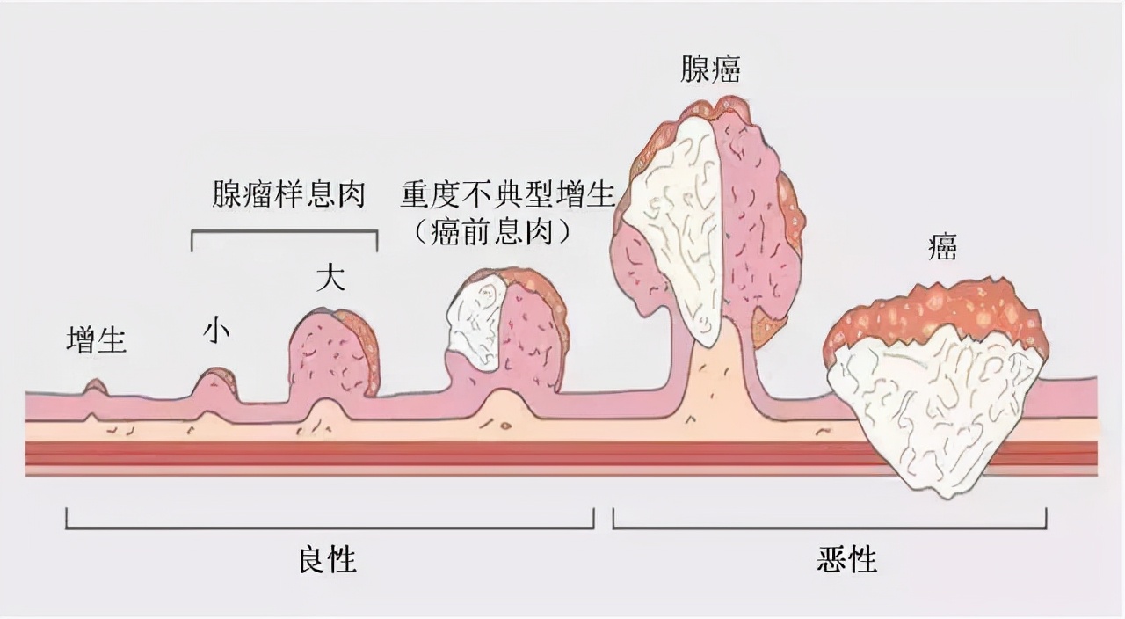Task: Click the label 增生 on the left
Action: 97,340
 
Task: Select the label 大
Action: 330,279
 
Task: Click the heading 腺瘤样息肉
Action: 288,195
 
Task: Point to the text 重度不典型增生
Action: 508,195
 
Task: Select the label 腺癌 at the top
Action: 710,69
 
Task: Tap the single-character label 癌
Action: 942,248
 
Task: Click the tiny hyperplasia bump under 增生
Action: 95,387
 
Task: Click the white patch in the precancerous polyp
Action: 475,321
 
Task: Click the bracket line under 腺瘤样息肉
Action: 284,231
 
